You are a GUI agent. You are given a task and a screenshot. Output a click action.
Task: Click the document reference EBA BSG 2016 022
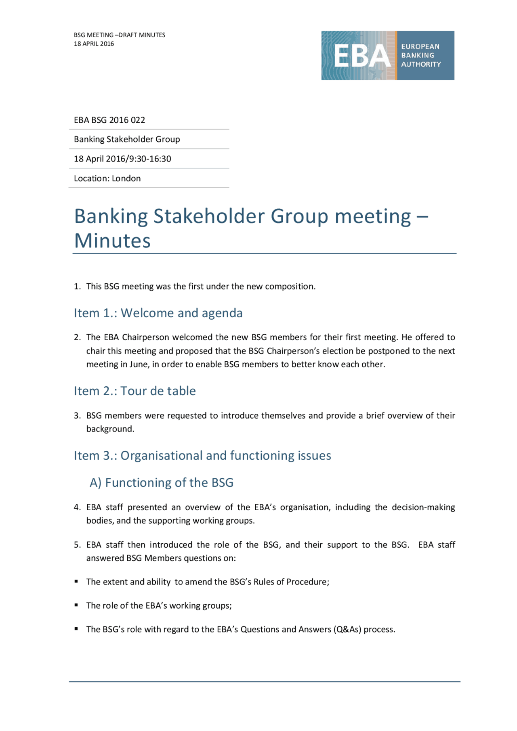109,120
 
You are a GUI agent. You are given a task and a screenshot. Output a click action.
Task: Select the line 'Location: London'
107,178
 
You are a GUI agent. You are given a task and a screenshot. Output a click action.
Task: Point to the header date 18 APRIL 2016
94,44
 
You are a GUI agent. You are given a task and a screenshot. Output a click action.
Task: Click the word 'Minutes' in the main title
112,241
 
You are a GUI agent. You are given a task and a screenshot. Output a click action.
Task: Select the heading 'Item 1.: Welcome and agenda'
158,313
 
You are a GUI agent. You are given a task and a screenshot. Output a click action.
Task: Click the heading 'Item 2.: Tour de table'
135,391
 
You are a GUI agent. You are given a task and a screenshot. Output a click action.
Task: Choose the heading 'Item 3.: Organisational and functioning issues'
202,456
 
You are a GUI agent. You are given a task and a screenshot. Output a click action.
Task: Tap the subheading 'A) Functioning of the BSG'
162,483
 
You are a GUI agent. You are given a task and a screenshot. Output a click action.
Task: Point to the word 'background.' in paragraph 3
110,429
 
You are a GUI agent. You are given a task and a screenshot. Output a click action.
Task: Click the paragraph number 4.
77,507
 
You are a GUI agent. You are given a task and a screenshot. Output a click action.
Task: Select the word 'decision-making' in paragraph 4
423,507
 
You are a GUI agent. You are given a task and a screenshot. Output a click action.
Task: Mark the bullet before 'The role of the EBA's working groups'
76,605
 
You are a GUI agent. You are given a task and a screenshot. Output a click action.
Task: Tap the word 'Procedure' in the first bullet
307,582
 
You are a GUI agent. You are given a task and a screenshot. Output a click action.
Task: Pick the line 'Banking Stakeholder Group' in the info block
127,139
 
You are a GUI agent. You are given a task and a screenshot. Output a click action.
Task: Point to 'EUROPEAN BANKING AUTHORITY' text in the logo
421,56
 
